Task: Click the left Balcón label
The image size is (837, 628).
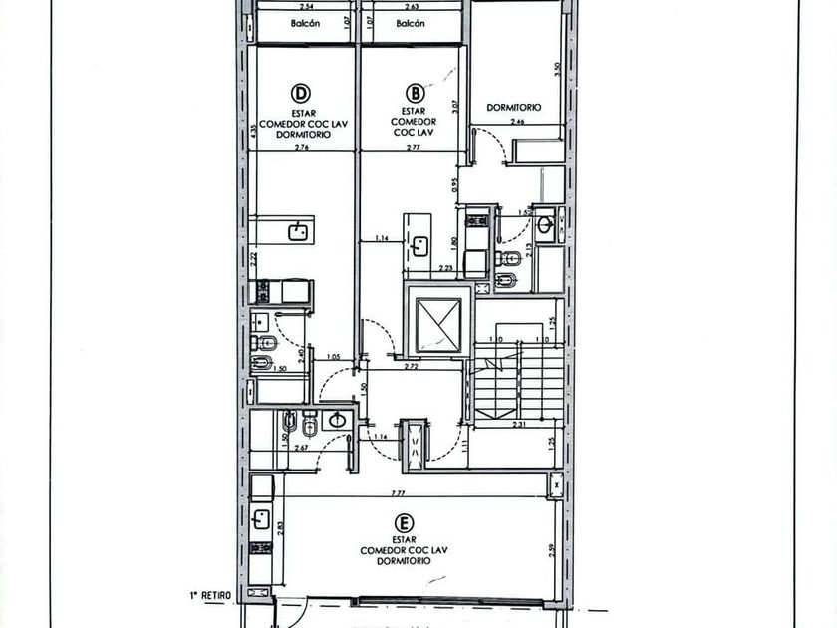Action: click(306, 24)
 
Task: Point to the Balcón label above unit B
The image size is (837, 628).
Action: click(411, 24)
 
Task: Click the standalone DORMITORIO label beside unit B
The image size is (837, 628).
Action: click(513, 107)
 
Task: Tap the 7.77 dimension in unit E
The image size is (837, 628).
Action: click(397, 492)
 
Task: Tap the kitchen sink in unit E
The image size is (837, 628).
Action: click(261, 519)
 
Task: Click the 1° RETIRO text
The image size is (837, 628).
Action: click(211, 595)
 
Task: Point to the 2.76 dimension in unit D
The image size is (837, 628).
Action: click(302, 147)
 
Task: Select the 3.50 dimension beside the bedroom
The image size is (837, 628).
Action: click(559, 71)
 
